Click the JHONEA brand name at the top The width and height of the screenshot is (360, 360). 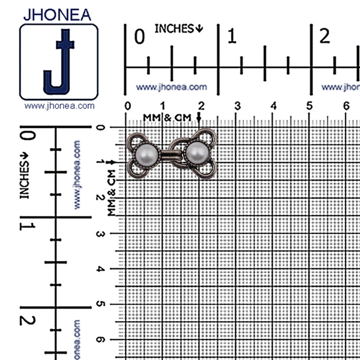(57, 13)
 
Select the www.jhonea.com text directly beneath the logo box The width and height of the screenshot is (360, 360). (59, 106)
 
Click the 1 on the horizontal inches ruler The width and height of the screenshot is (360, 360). (232, 36)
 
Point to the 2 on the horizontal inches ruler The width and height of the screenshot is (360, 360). (325, 36)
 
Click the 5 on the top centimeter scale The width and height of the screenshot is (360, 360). (310, 106)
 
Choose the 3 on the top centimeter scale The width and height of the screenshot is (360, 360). (237, 106)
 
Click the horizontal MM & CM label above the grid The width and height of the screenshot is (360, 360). (167, 117)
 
